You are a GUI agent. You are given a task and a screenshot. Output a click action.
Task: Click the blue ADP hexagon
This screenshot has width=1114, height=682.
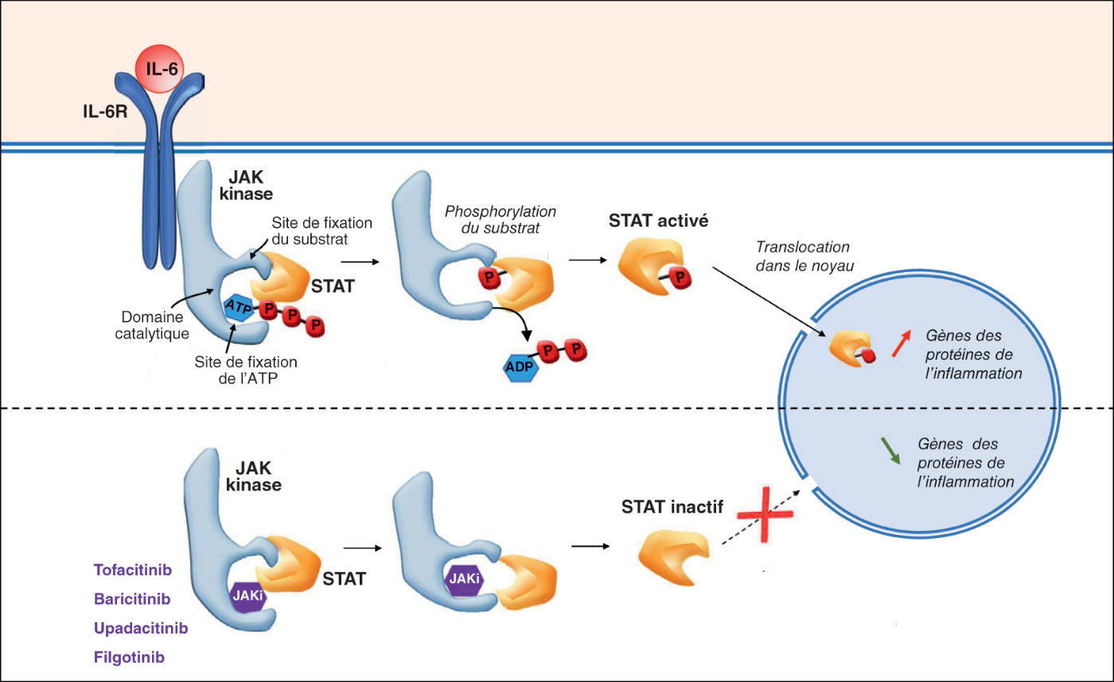(x=521, y=368)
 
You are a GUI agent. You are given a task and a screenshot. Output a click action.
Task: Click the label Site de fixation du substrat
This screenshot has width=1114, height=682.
(x=321, y=230)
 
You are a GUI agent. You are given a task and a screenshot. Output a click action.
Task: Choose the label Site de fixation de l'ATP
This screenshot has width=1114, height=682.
(x=247, y=368)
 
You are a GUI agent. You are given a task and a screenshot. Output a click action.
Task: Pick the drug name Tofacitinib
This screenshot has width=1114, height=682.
(x=133, y=570)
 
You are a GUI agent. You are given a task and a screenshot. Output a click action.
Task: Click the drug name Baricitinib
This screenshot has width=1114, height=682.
(x=132, y=598)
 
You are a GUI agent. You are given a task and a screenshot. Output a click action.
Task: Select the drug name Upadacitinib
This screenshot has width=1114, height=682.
(x=140, y=628)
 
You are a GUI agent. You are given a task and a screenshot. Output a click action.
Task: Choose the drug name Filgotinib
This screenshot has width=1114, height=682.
(x=130, y=657)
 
